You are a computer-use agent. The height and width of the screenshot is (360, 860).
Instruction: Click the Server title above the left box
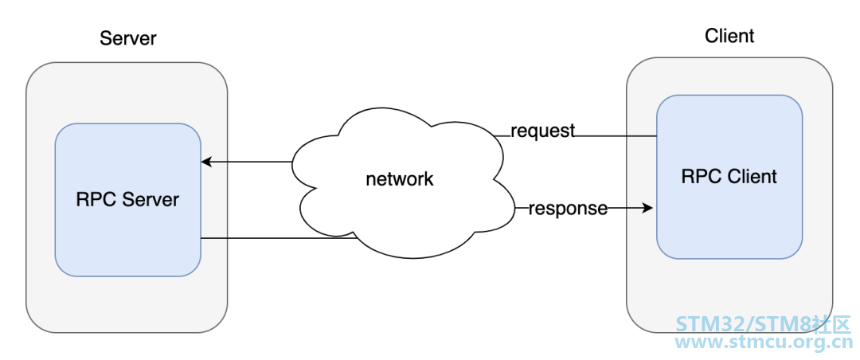point(127,38)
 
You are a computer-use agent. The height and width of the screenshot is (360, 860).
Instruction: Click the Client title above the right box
point(729,36)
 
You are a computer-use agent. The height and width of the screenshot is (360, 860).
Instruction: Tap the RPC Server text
point(127,199)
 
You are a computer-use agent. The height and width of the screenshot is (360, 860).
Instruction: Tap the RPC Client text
point(729,176)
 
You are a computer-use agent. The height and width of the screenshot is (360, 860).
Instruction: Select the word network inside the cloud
point(400,179)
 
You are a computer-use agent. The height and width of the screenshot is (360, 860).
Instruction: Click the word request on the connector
point(542,131)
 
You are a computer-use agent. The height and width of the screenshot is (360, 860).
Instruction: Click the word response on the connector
point(568,209)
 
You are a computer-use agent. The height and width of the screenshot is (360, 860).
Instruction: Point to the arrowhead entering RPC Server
point(206,162)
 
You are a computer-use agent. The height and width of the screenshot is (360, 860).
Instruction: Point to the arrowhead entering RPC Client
point(647,209)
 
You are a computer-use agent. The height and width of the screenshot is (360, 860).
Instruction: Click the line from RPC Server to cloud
point(279,238)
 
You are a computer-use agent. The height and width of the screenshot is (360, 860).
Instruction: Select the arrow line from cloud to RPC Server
point(247,162)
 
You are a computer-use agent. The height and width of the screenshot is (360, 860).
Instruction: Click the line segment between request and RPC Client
point(616,135)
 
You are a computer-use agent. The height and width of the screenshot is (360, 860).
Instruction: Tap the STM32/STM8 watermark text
point(762,324)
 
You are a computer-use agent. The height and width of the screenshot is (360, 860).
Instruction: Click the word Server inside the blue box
point(150,199)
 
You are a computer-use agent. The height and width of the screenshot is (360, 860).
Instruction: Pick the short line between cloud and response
point(522,209)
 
